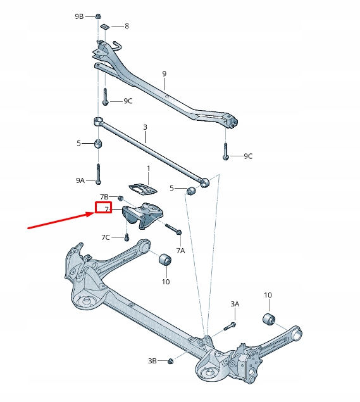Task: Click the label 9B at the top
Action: pyautogui.click(x=79, y=16)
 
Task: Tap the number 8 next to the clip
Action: pyautogui.click(x=127, y=26)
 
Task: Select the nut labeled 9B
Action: pyautogui.click(x=99, y=15)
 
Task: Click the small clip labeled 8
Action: pyautogui.click(x=105, y=27)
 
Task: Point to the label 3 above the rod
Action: pyautogui.click(x=145, y=127)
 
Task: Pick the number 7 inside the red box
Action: pyautogui.click(x=103, y=208)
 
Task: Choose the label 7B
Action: pyautogui.click(x=104, y=198)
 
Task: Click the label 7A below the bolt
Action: pyautogui.click(x=180, y=251)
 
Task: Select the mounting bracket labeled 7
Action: pyautogui.click(x=144, y=217)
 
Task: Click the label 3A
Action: pyautogui.click(x=235, y=305)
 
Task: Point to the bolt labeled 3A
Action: pyautogui.click(x=229, y=326)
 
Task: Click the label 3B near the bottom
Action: pyautogui.click(x=152, y=361)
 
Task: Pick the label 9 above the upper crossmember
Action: pyautogui.click(x=164, y=74)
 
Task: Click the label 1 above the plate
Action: pyautogui.click(x=149, y=168)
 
